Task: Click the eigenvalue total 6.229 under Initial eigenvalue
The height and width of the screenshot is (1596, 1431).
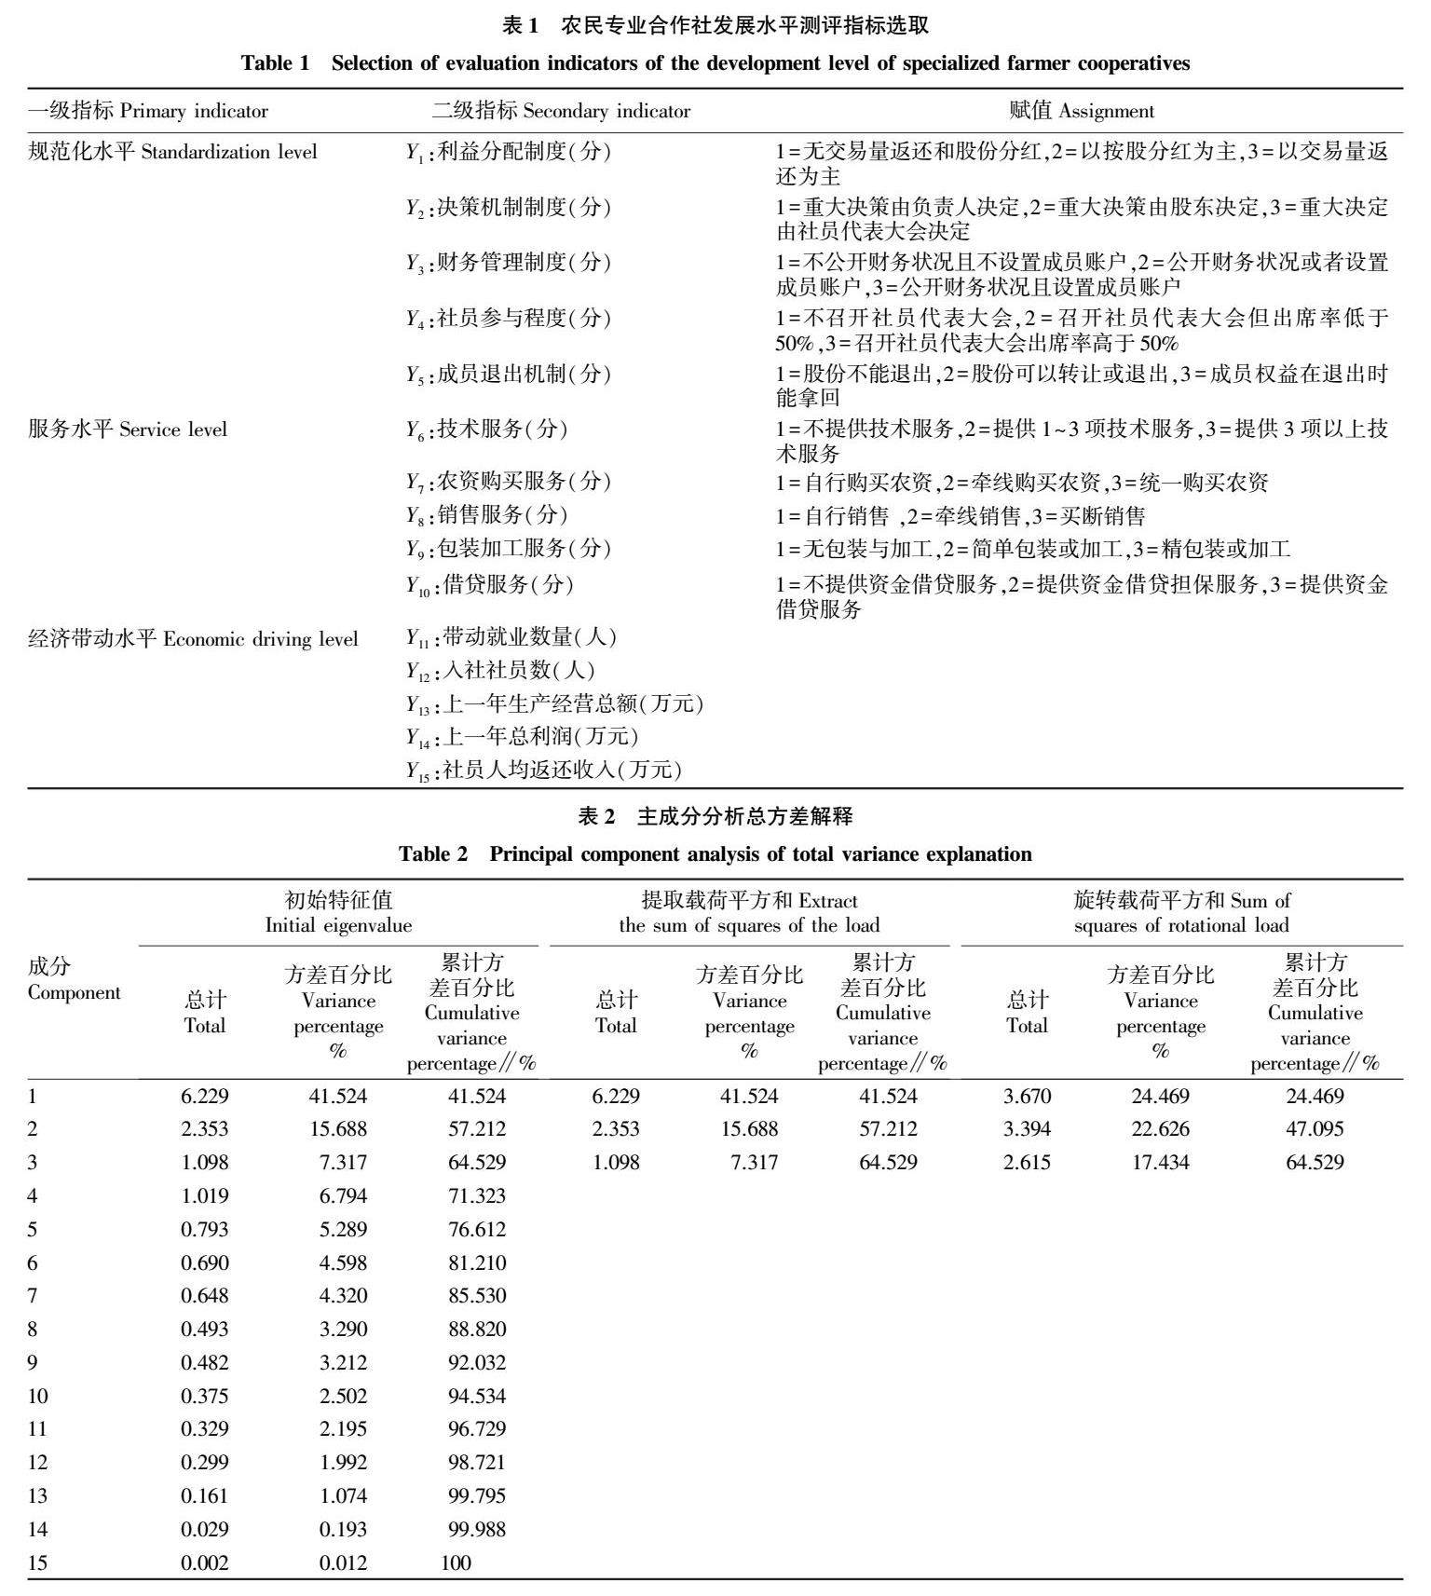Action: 204,1097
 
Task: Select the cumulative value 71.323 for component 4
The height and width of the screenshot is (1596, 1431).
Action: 476,1196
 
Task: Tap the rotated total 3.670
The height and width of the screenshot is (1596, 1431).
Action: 1027,1097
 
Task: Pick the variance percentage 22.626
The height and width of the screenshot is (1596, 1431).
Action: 1160,1129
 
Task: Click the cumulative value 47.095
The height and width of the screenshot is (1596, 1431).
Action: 1314,1129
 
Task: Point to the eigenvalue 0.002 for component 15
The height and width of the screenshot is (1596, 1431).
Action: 204,1562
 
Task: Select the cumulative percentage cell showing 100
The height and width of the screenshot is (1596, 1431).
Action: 456,1562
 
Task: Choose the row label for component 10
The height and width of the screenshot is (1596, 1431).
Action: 38,1397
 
